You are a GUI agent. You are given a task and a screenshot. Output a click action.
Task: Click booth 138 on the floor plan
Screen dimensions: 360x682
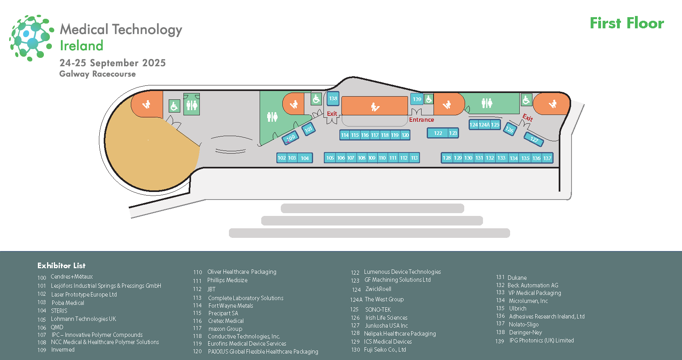[333, 98]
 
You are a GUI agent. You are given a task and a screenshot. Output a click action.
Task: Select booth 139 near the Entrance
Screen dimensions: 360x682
[417, 99]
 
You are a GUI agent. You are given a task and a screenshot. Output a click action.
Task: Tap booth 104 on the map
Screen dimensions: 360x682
[305, 158]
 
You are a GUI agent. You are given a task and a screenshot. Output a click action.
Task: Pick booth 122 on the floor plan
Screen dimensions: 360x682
[438, 133]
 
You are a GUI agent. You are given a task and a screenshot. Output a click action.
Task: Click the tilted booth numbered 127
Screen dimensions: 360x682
[534, 139]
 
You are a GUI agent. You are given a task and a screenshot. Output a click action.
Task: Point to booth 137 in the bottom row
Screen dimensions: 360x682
[547, 158]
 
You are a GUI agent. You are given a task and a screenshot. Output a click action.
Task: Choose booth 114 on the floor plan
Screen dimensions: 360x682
[345, 135]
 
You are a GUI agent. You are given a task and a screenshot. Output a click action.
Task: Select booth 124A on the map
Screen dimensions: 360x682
[484, 125]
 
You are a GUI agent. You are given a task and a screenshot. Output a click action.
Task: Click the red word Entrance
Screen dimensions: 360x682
[421, 120]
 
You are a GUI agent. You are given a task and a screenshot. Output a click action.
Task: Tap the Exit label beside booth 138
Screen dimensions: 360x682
[332, 114]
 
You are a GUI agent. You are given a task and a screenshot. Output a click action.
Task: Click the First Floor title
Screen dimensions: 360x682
[627, 23]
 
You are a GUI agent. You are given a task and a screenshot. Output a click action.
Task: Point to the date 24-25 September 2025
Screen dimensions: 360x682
[112, 63]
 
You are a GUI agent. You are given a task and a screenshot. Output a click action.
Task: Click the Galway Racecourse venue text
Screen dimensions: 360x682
[97, 74]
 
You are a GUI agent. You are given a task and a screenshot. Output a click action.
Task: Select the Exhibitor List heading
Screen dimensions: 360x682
[61, 265]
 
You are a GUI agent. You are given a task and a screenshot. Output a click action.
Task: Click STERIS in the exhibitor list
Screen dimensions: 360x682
[59, 311]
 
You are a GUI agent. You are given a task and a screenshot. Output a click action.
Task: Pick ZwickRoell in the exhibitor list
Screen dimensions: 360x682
[378, 289]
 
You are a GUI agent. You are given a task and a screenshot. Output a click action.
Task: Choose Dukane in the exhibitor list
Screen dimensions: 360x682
[517, 277]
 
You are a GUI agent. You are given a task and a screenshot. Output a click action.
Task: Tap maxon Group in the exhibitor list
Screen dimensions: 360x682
[225, 329]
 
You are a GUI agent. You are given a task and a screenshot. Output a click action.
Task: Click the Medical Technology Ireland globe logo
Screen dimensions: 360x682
[32, 38]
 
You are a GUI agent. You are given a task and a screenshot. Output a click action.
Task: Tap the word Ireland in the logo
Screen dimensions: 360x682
[81, 45]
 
